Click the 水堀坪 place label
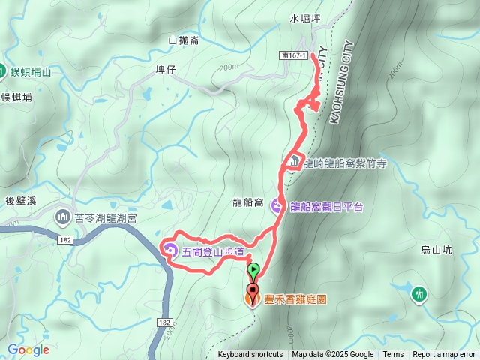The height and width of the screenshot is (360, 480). point(304,16)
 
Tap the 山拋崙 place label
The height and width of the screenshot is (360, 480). point(184,40)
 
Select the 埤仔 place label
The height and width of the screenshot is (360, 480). point(164,69)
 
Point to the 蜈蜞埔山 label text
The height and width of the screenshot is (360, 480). point(31,72)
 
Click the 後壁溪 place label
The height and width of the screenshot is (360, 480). point(20,200)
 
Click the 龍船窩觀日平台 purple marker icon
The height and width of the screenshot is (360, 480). point(277,206)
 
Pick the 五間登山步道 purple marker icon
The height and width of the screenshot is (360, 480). point(169,249)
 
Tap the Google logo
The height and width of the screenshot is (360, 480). point(28,349)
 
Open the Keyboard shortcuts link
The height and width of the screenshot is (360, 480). point(250,355)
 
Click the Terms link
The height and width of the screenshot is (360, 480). point(393,355)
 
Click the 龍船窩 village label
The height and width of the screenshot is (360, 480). point(247,202)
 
